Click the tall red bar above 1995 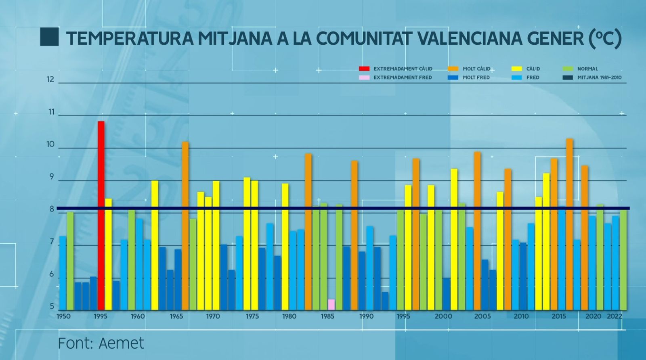click(101, 214)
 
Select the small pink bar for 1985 click(331, 304)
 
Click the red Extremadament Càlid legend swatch click(364, 69)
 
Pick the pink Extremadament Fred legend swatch click(364, 77)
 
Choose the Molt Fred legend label click(476, 77)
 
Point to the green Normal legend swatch click(568, 69)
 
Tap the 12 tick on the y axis click(50, 80)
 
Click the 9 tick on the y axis click(51, 177)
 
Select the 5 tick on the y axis click(52, 307)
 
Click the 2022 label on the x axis click(615, 316)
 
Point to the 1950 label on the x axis click(63, 316)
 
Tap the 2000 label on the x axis click(443, 316)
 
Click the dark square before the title click(49, 37)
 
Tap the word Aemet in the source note click(121, 343)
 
